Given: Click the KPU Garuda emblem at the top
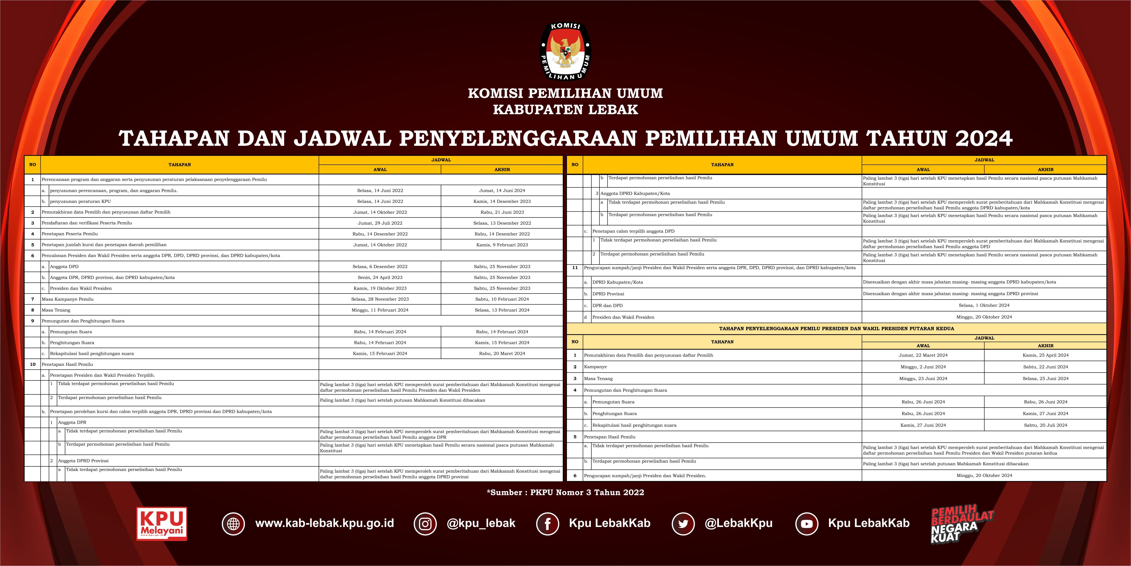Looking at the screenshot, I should point(565,52).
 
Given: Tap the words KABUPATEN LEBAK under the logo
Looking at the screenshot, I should point(565,109).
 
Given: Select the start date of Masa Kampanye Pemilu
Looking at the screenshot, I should point(380,299).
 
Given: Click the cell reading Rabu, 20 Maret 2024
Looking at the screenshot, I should point(502,353).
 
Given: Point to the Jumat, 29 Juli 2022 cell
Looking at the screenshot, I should point(380,223).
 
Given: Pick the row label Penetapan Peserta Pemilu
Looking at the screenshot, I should point(70,234).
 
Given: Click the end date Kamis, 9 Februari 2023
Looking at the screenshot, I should point(502,245).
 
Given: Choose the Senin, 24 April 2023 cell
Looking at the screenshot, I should point(380,277).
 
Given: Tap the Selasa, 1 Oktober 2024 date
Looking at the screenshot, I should point(984,305).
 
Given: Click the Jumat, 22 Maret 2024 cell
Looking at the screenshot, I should point(923,355).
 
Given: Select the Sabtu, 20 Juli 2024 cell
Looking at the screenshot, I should point(1045,425).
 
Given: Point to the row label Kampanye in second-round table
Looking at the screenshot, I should point(595,367).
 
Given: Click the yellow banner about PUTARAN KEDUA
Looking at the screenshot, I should point(836,328).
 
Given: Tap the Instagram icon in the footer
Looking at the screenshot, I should point(425,523).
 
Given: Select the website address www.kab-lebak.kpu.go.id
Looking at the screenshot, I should point(325,523).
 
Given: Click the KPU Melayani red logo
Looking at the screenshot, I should point(162,523).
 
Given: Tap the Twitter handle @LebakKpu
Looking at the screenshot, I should point(739,523).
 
